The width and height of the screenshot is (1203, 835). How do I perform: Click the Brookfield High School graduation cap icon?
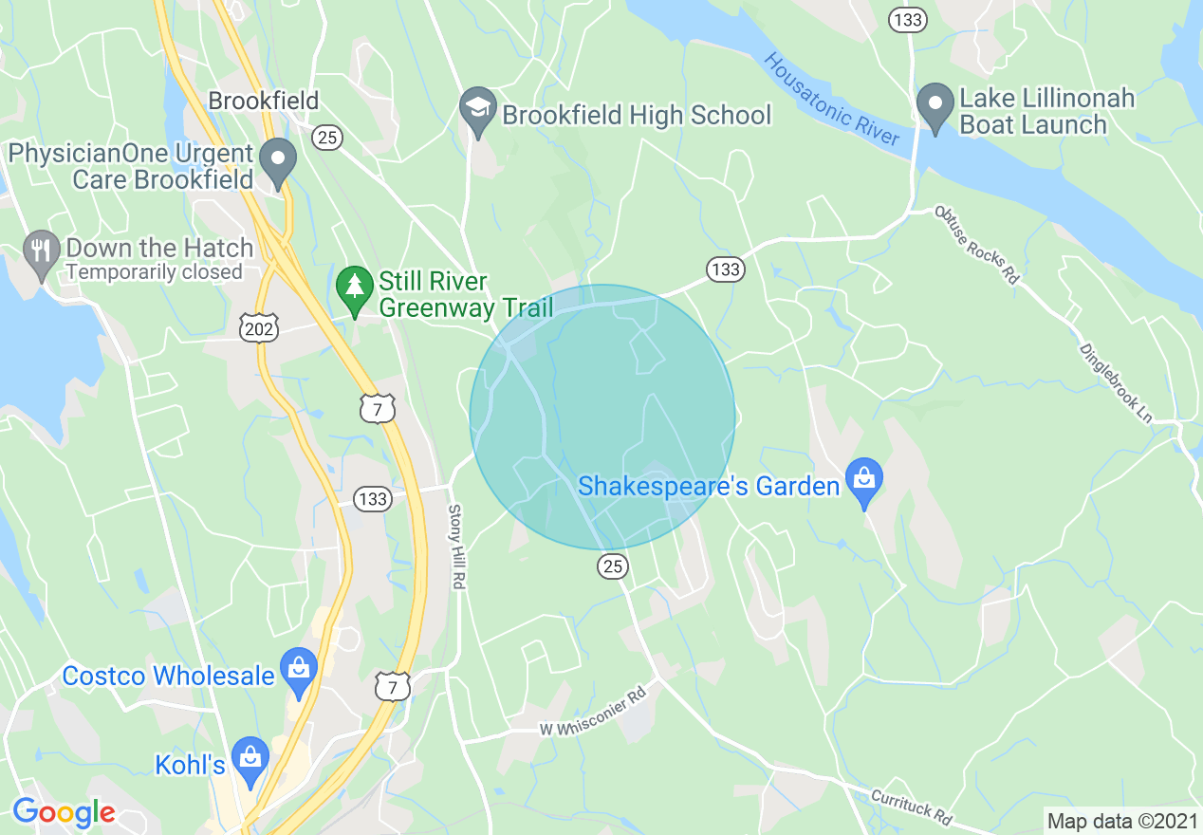coord(478,107)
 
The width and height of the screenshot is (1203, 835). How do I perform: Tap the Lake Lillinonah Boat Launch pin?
coord(935,103)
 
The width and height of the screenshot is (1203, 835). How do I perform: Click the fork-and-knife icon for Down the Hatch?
coord(41,250)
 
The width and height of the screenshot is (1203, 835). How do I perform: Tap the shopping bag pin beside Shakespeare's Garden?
coord(864,478)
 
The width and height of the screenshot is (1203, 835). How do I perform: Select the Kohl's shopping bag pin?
coord(250,757)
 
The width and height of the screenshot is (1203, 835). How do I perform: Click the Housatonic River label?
coord(832,100)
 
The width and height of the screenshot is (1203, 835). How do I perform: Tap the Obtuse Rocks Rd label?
coord(976,245)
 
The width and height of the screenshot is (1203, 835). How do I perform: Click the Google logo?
coord(63,812)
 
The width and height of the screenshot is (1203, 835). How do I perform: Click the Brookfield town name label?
coord(264,101)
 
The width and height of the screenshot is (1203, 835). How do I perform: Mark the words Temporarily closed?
coord(155,272)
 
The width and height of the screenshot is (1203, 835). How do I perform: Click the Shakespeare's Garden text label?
coord(709,487)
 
